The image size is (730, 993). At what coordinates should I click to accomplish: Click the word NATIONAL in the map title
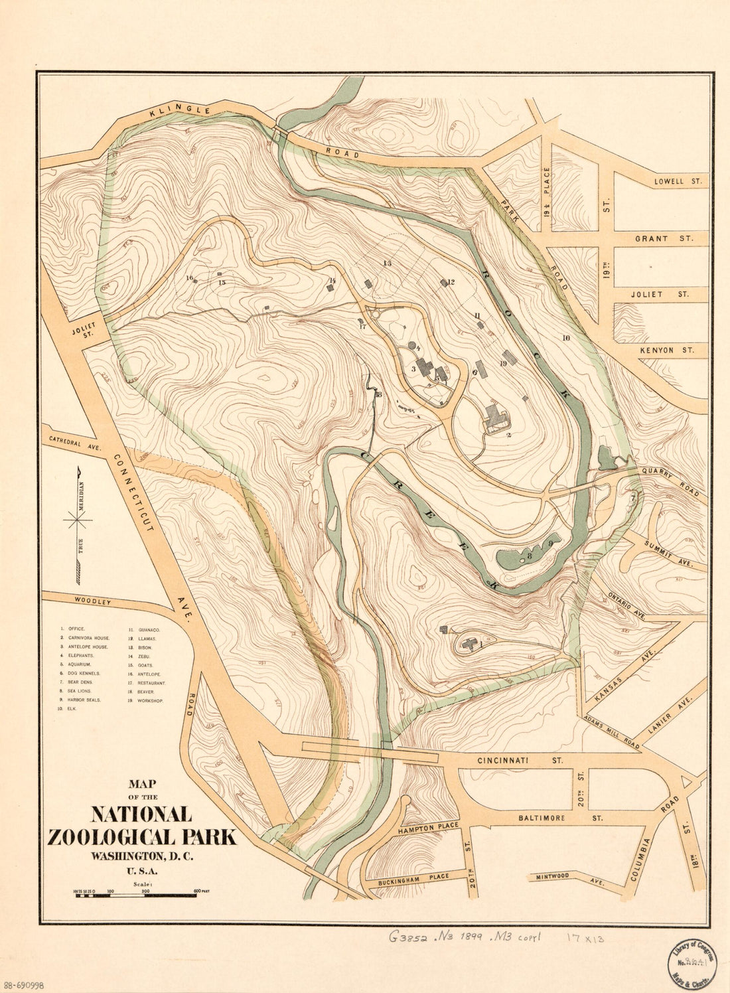[x=141, y=814]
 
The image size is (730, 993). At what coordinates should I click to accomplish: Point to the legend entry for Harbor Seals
[x=84, y=700]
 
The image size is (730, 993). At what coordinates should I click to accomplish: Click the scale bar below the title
[x=135, y=895]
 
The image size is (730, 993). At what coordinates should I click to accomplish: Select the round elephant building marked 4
[x=412, y=346]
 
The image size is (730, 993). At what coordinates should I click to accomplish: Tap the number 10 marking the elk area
[x=565, y=338]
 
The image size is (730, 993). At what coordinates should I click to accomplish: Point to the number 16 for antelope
[x=189, y=278]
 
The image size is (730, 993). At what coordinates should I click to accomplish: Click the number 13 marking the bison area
[x=388, y=264]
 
